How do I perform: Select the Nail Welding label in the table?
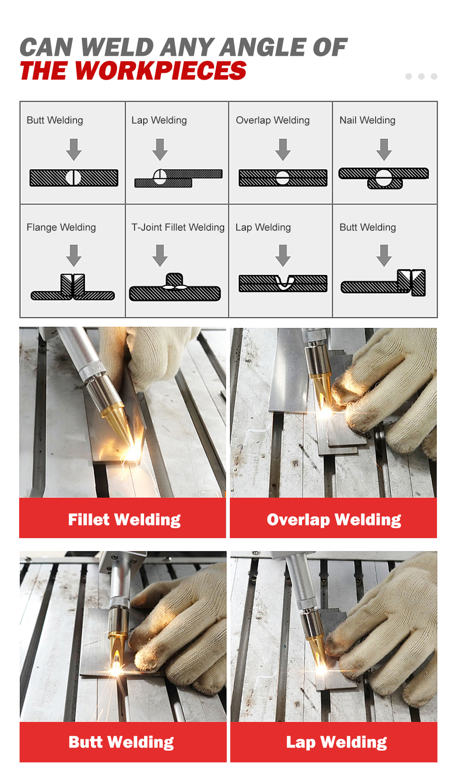point(367,120)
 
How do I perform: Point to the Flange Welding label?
point(61,227)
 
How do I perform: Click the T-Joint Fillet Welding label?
point(178,227)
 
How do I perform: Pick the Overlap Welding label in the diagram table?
point(272,120)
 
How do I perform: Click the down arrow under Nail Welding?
point(384,150)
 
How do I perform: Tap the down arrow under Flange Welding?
point(74,256)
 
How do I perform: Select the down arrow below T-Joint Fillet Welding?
point(160,256)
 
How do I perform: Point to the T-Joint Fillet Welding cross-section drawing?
point(175,287)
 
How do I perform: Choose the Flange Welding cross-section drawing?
point(73,287)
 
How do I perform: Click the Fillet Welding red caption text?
point(124,520)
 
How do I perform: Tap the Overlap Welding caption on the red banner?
point(334,520)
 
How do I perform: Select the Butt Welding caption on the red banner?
point(121,742)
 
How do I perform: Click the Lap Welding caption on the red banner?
point(336,742)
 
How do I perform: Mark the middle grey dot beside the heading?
point(421,76)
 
